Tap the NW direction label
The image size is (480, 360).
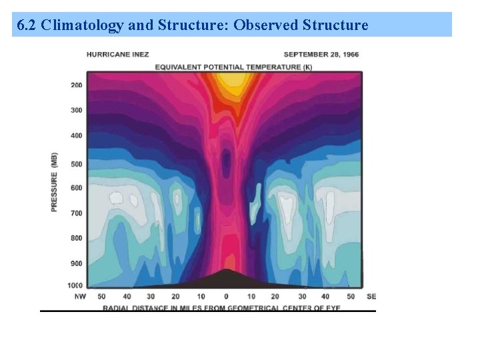pyautogui.click(x=80, y=296)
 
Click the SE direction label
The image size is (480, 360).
pyautogui.click(x=372, y=296)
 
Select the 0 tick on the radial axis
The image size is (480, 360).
pyautogui.click(x=225, y=296)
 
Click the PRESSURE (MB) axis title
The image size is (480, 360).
pyautogui.click(x=54, y=182)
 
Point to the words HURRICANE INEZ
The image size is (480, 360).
pyautogui.click(x=117, y=55)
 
